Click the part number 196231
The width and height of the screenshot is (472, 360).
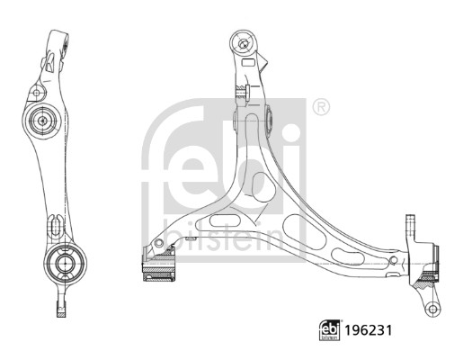click(368, 330)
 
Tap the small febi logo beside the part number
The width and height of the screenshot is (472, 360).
click(329, 330)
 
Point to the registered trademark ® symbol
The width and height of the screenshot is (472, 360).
click(321, 107)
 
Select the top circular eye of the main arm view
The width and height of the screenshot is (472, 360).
click(243, 42)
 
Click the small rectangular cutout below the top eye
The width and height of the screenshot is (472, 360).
click(249, 63)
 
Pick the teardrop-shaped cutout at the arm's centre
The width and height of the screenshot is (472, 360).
click(263, 186)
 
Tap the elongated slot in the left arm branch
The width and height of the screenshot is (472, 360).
click(225, 220)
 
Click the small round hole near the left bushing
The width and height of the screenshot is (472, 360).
click(158, 242)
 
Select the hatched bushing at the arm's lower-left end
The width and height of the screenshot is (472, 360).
click(158, 268)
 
